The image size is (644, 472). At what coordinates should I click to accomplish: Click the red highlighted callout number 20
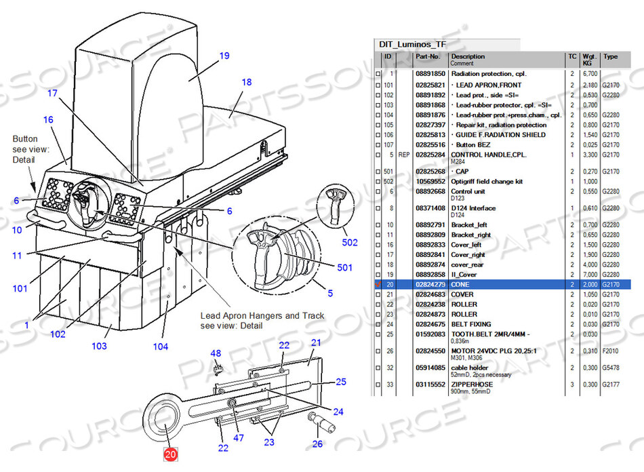coord(170,456)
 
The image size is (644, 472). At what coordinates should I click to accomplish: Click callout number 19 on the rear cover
coord(224,56)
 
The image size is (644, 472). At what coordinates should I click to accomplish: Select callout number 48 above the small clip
coord(216,353)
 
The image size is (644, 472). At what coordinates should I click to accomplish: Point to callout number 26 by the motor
coord(317,444)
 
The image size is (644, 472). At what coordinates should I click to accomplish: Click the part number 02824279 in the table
coord(430,284)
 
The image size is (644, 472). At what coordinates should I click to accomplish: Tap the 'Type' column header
coord(610,57)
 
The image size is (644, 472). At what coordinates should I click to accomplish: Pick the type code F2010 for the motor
coord(611,350)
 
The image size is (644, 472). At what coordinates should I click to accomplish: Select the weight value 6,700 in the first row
coord(589,73)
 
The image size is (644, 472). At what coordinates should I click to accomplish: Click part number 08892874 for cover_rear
coord(430,264)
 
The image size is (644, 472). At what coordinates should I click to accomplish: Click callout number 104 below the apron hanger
coord(160,347)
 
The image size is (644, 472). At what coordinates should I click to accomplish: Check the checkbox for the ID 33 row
coord(378,385)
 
